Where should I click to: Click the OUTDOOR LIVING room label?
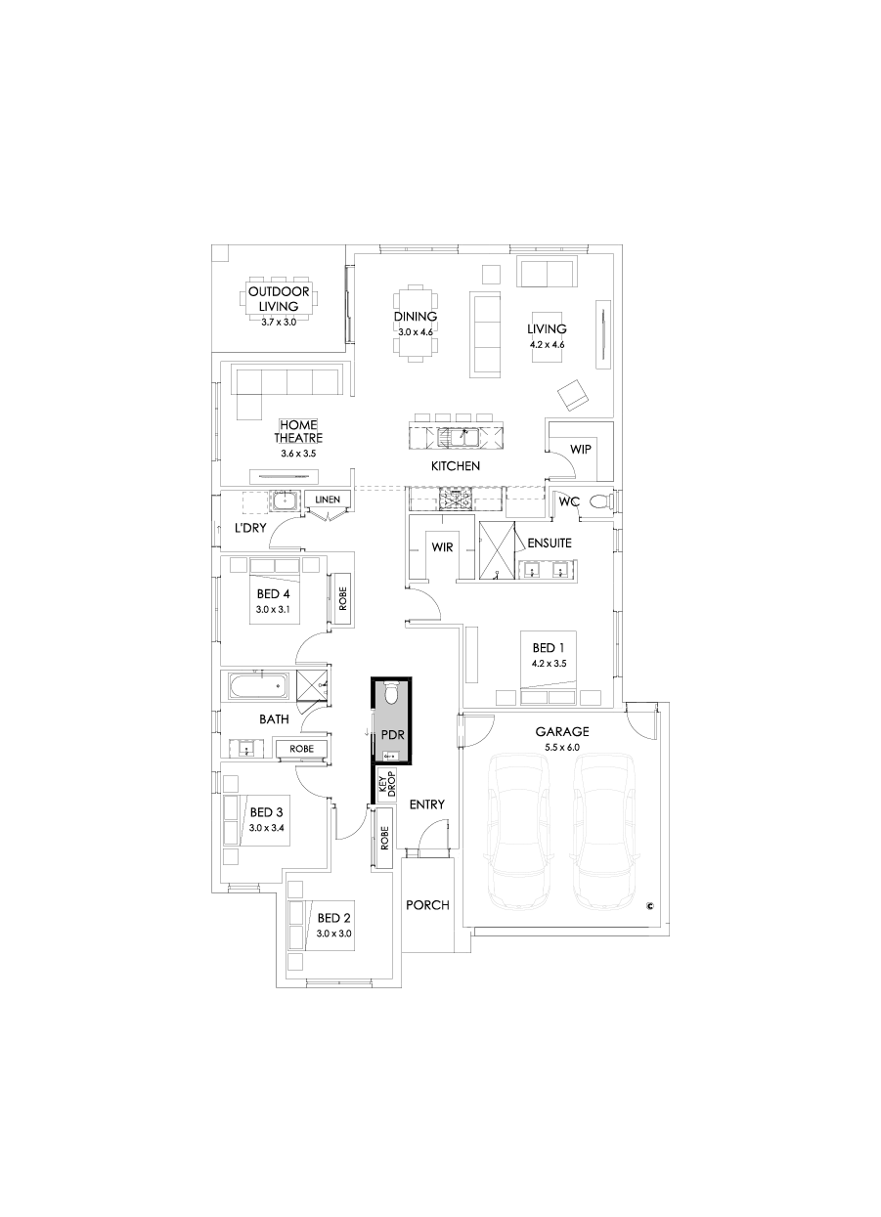[x=279, y=299]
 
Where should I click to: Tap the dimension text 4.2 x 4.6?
[x=548, y=344]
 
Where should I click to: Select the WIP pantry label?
[x=581, y=450]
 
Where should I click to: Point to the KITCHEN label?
[x=456, y=466]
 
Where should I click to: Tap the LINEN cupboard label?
[x=328, y=500]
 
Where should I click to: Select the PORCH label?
[x=427, y=905]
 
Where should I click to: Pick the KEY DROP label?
[x=386, y=784]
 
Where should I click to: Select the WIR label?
[x=442, y=547]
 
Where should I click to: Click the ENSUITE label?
[x=550, y=542]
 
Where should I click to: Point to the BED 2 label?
[x=333, y=918]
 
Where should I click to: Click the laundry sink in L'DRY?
[x=285, y=501]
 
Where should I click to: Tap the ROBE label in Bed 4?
[x=342, y=599]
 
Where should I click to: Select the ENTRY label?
[x=427, y=804]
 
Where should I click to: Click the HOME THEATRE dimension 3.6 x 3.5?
[x=299, y=455]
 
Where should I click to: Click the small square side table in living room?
[x=492, y=274]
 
